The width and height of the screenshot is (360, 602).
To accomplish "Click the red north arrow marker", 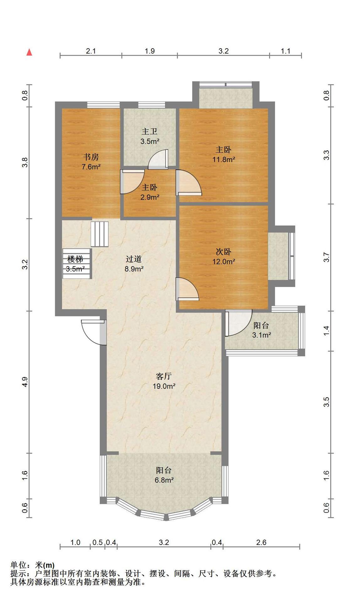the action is click(x=29, y=52).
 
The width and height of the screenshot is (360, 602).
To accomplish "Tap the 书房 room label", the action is click(x=91, y=157).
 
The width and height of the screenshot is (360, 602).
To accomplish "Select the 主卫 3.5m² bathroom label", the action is click(x=150, y=136).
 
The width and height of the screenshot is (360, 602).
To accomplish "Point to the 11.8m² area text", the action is click(x=224, y=160).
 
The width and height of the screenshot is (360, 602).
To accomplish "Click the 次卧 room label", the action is click(x=224, y=251).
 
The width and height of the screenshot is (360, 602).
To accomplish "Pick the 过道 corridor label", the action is click(x=134, y=259).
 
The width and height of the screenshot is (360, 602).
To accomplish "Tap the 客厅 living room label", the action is click(x=164, y=376).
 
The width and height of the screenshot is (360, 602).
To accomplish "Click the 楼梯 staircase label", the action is click(x=75, y=259).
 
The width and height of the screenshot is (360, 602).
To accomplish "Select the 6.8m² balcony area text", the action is click(x=164, y=480).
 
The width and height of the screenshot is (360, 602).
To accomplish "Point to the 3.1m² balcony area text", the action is click(x=262, y=335).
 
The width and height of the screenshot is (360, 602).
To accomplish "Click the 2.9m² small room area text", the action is click(x=150, y=198).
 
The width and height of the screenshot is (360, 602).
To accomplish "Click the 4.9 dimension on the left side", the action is click(x=25, y=382).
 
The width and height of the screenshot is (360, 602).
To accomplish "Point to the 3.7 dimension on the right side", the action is click(x=326, y=257).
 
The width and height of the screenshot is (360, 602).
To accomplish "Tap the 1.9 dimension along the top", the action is click(x=150, y=51).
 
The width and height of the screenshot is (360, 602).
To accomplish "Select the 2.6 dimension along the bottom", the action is click(x=261, y=542).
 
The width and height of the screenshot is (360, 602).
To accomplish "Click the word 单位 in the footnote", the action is click(x=19, y=565).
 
